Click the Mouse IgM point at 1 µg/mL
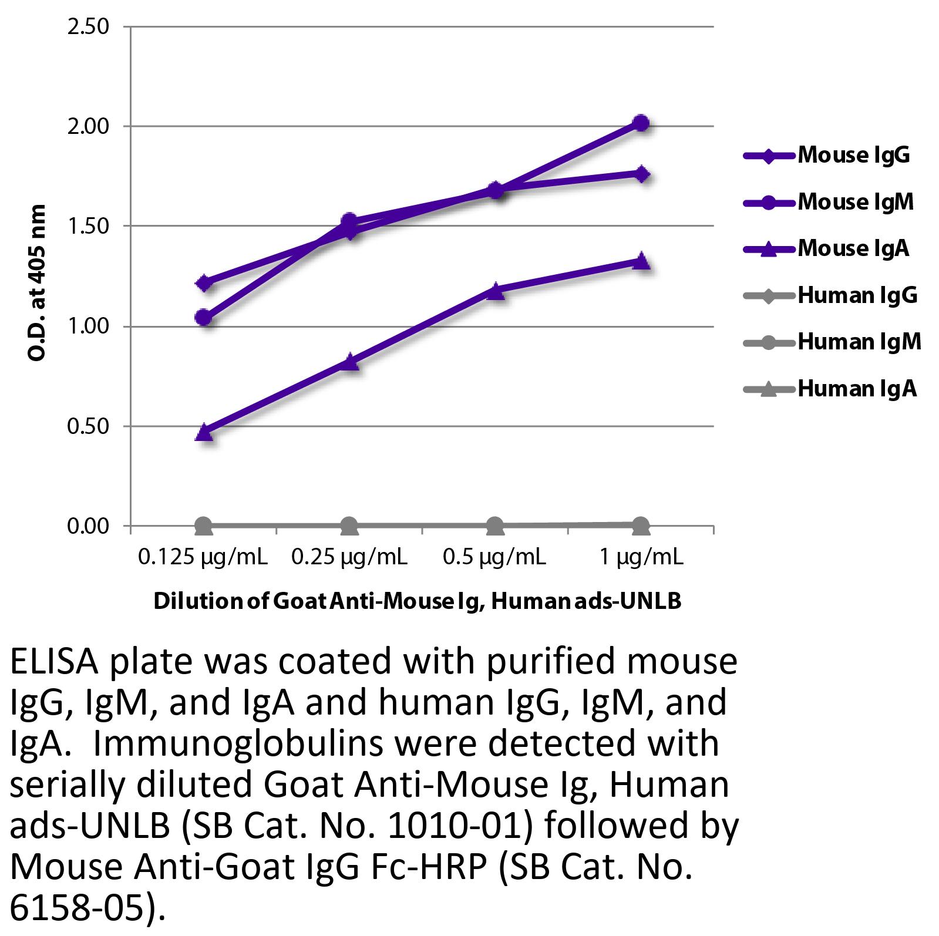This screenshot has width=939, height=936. click(x=641, y=123)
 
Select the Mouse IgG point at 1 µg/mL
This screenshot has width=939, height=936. click(x=641, y=174)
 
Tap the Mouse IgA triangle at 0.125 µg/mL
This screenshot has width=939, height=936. click(x=204, y=432)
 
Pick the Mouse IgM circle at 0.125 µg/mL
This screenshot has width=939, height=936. click(x=204, y=318)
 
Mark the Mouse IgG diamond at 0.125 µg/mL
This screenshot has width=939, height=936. click(x=204, y=284)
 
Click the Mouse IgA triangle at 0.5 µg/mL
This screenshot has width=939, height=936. click(x=495, y=290)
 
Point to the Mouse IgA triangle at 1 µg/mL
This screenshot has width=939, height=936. click(x=641, y=261)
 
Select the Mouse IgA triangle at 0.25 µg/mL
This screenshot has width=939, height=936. click(x=349, y=361)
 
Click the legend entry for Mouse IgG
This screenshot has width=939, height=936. click(x=853, y=155)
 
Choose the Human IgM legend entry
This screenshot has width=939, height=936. click(x=859, y=342)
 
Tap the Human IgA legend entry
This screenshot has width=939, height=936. click(x=856, y=389)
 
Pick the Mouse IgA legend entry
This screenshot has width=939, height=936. click(x=853, y=248)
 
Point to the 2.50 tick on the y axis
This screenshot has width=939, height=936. click(x=88, y=26)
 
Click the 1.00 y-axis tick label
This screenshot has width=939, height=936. click(x=88, y=326)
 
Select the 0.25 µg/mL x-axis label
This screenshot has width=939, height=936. click(x=349, y=556)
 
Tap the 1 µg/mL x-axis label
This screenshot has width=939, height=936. click(x=641, y=556)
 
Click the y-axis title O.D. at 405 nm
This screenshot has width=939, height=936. click(x=36, y=283)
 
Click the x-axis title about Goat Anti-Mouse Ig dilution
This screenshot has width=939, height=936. click(x=417, y=601)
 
